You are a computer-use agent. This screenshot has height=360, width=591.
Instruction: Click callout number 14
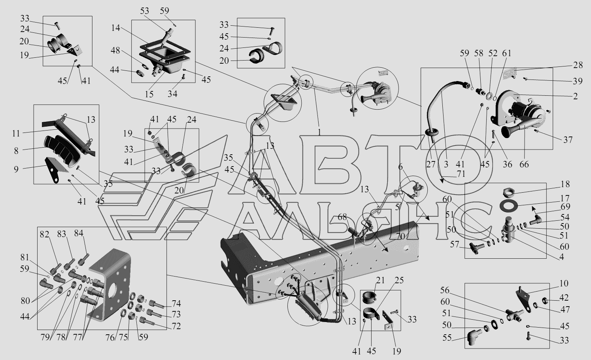116,28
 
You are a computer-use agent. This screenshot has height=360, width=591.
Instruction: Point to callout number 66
524,164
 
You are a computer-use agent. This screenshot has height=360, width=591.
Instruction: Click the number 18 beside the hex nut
565,184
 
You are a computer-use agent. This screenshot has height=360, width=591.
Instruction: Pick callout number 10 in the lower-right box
564,283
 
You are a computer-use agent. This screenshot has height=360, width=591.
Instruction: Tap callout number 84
79,233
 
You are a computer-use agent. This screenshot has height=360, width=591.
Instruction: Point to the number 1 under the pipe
319,133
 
